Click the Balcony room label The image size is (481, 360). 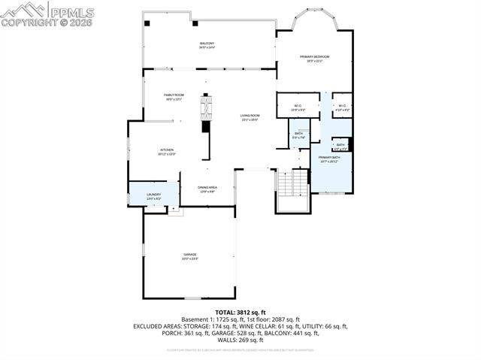pos(207,45)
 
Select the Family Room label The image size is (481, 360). pos(174,96)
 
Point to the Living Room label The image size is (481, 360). pos(250,117)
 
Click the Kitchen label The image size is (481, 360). pos(166,151)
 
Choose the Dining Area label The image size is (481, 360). pos(208,189)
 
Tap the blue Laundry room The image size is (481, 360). pos(153,195)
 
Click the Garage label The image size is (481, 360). pos(189,256)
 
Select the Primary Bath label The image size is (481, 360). pos(329,159)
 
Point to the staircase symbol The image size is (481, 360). pos(292,183)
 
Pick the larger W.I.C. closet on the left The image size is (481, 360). pos(298,107)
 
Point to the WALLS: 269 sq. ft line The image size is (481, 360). pos(240,341)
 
